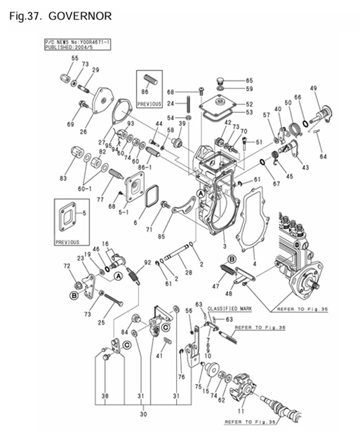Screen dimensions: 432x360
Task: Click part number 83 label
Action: pyautogui.click(x=63, y=180)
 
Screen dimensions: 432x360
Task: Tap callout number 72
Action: pyautogui.click(x=67, y=267)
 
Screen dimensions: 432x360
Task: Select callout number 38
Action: pyautogui.click(x=105, y=397)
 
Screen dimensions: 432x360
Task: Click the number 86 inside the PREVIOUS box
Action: pyautogui.click(x=145, y=92)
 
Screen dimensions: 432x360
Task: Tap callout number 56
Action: pyautogui.click(x=188, y=310)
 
